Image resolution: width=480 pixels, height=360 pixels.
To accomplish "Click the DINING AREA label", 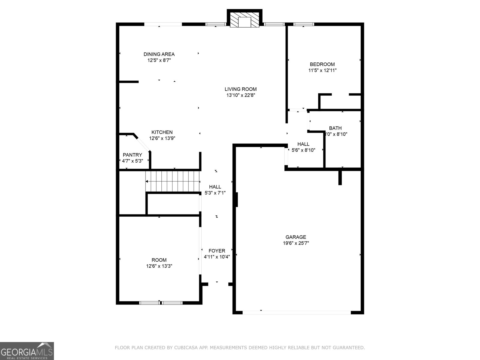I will (159, 54).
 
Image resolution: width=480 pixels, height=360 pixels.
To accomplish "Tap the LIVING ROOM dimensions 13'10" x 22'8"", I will (241, 95).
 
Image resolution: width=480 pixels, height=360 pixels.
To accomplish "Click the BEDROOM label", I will (322, 64).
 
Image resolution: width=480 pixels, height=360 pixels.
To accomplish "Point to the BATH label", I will (335, 128).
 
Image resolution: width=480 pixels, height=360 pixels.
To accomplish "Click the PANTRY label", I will (132, 155).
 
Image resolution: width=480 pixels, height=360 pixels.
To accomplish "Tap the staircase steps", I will (172, 181).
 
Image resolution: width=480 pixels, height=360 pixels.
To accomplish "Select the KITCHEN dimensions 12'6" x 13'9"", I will (162, 138).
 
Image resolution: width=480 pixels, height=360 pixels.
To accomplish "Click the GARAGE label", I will (296, 237).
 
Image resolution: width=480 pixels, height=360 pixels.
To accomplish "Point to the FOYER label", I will (217, 251).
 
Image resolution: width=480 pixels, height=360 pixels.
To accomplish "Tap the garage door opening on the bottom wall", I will (296, 312).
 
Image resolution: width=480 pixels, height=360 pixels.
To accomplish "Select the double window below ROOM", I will (161, 303).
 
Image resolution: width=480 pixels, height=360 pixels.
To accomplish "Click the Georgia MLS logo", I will (27, 351).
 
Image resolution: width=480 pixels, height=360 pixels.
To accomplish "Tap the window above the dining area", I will (163, 24).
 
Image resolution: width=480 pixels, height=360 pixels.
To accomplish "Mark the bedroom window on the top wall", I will (303, 24).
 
